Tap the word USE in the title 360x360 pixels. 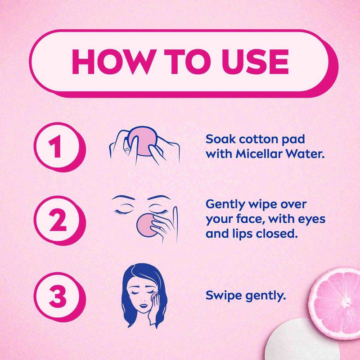pos(255,62)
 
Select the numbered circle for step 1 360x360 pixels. pos(59,147)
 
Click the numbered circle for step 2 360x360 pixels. pos(59,220)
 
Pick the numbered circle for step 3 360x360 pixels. pos(59,296)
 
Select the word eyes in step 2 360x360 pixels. pos(312,220)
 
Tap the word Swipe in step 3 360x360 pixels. pos(224,296)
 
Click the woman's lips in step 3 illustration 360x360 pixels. pos(144,306)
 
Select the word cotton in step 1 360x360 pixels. pos(259,139)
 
